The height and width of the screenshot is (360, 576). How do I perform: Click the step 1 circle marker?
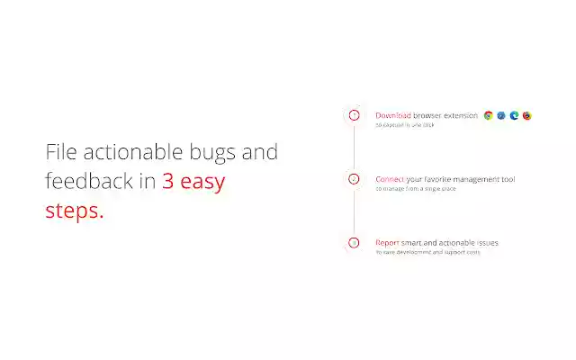click(354, 115)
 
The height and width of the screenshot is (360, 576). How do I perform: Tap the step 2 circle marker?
click(354, 179)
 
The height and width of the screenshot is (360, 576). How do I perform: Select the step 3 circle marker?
click(354, 243)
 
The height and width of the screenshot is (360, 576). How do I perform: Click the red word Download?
click(393, 115)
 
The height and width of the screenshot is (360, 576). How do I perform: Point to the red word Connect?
click(390, 179)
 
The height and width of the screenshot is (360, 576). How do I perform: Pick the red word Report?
click(387, 242)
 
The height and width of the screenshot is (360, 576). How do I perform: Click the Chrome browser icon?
click(489, 115)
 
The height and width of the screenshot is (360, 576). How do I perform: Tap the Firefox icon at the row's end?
click(526, 115)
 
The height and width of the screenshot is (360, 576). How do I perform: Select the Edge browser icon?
click(514, 115)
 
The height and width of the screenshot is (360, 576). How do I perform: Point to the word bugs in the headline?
click(210, 153)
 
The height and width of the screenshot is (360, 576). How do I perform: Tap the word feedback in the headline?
click(88, 181)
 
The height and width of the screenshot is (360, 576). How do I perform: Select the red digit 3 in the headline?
click(168, 181)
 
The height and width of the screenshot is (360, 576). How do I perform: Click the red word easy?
click(203, 182)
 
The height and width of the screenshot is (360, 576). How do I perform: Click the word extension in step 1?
click(460, 115)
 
